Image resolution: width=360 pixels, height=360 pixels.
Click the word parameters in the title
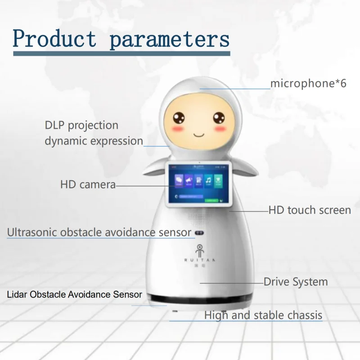click(170, 39)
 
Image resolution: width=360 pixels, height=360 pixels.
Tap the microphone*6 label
click(308, 83)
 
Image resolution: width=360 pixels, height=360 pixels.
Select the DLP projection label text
click(81, 125)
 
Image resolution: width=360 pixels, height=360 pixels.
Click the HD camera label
click(88, 184)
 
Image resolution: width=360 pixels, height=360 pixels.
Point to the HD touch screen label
click(310, 210)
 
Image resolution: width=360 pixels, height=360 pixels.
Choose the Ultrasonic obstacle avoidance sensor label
click(99, 233)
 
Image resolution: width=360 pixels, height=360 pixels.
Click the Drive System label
click(296, 282)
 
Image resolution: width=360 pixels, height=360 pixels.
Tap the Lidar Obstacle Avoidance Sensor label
click(75, 295)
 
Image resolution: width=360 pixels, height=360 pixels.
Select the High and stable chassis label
click(263, 315)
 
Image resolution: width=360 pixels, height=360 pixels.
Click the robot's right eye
click(220, 118)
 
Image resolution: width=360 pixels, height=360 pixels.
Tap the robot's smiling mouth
click(199, 134)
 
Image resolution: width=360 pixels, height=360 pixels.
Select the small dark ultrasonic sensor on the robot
click(200, 233)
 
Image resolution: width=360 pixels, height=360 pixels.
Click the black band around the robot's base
click(200, 300)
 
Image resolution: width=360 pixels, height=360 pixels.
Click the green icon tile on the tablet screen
click(218, 180)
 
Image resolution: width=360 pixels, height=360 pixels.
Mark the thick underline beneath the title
click(121, 54)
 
